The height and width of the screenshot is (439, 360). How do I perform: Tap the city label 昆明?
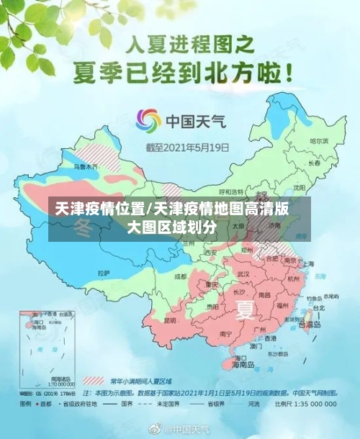click(170, 320)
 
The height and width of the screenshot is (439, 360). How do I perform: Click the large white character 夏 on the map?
click(246, 310)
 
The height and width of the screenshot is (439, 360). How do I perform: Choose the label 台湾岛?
click(312, 325)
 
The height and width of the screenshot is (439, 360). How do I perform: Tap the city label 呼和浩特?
click(232, 191)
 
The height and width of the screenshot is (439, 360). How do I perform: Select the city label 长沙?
click(238, 292)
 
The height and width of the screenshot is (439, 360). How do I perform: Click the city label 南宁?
click(225, 333)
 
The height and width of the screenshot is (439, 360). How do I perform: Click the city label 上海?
click(309, 264)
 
